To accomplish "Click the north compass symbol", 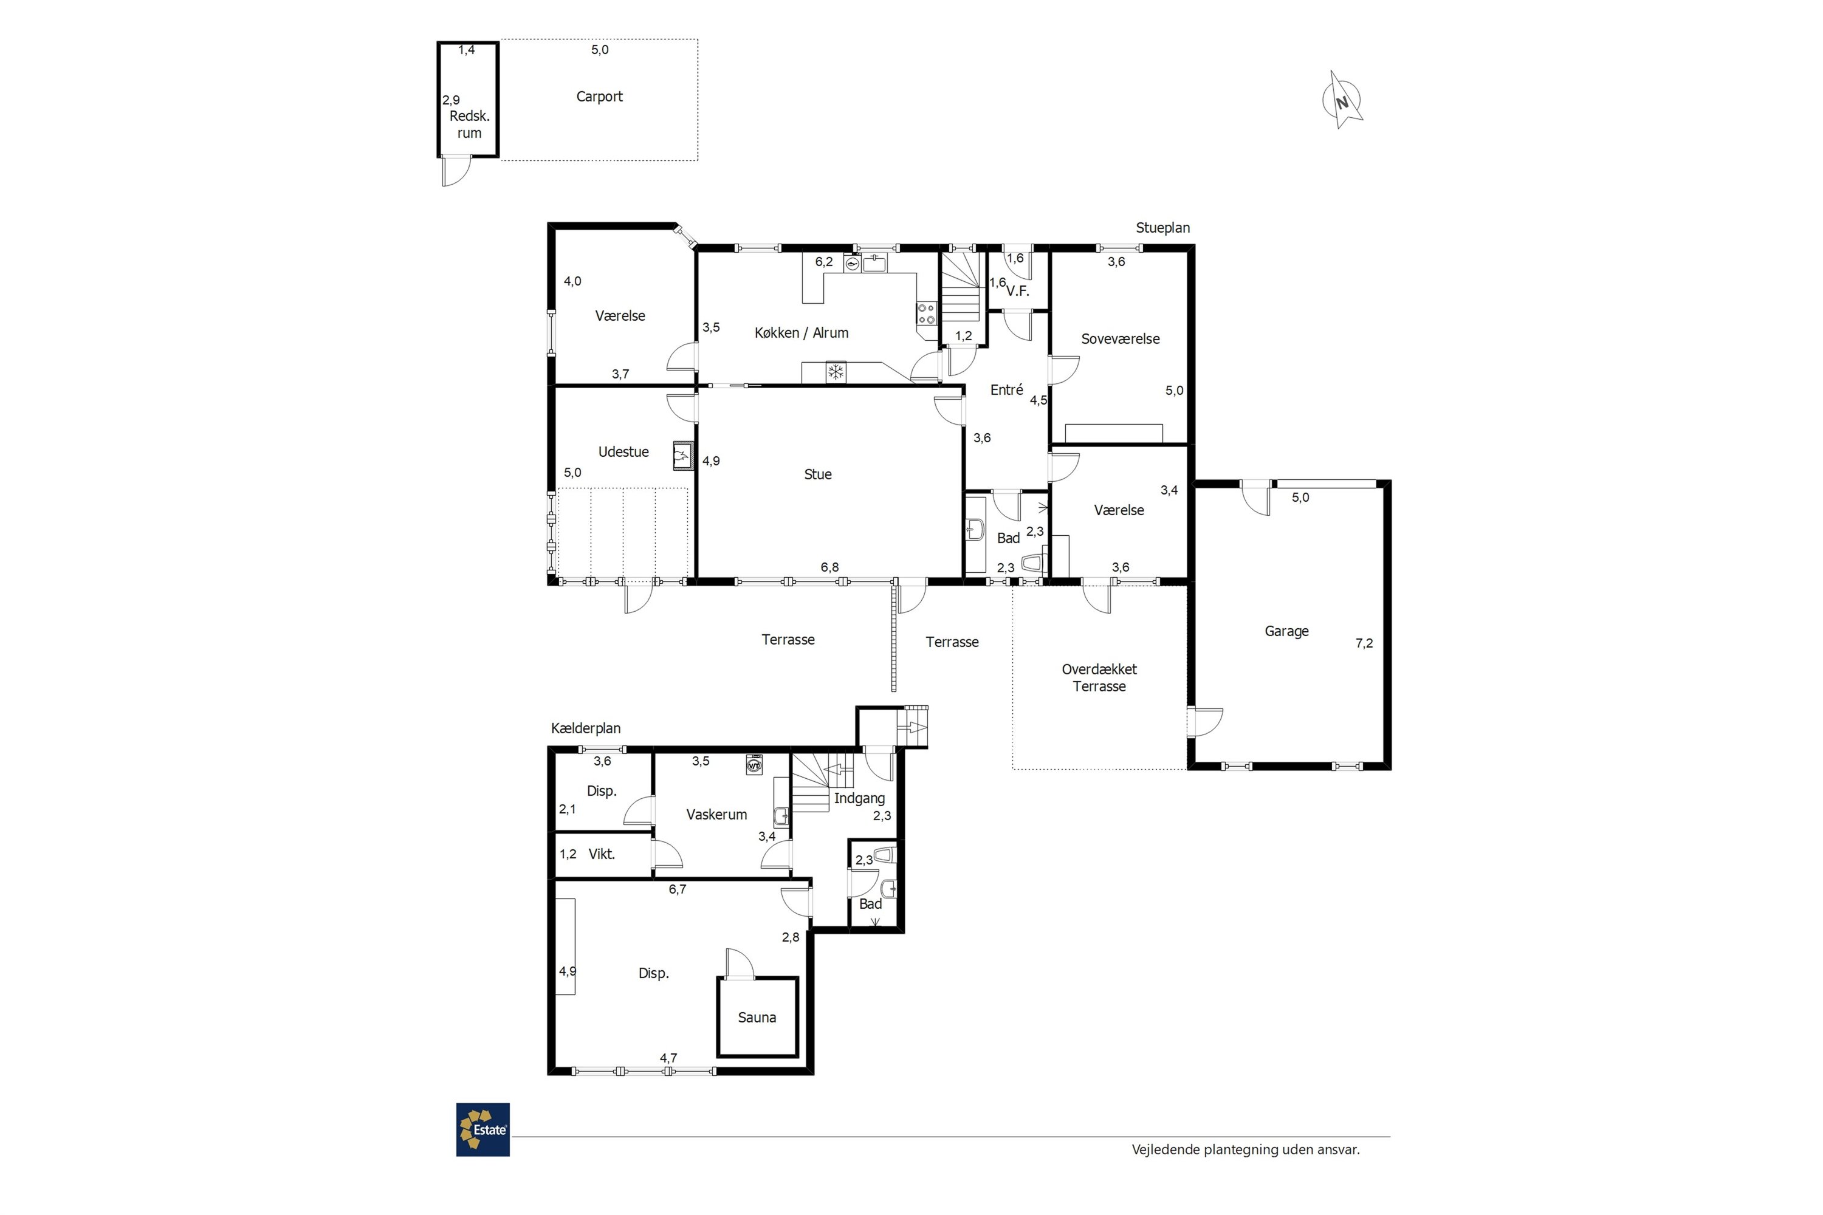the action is click(1342, 101).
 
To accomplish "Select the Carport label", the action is click(599, 97).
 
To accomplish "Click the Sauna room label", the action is click(757, 1018).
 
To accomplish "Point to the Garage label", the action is click(1286, 632).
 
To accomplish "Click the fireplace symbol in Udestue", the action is click(681, 456).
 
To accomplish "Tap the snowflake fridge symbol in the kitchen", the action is click(836, 373).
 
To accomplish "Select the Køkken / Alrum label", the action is click(802, 332).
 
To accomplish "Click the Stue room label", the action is click(818, 474).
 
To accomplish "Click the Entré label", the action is click(1006, 390).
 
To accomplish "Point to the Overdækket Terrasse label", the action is click(1099, 677).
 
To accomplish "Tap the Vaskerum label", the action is click(716, 815).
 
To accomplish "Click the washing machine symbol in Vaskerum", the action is click(754, 765).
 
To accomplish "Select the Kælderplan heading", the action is click(585, 728).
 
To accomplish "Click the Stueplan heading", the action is click(1162, 228).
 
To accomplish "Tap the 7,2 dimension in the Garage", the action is click(1364, 643).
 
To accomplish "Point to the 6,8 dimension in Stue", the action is click(829, 567).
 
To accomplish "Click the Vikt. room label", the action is click(602, 854).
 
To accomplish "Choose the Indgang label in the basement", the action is click(859, 798).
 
